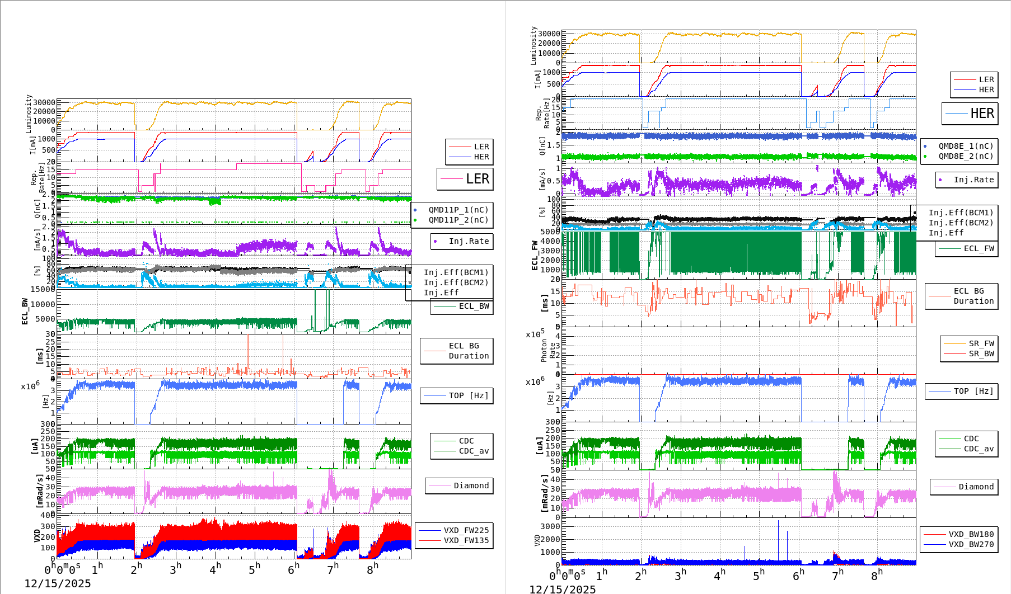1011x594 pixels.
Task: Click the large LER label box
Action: (465, 179)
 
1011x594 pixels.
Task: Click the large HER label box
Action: (970, 114)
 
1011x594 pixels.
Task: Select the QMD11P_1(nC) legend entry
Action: (458, 210)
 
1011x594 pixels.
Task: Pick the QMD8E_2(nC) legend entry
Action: (965, 156)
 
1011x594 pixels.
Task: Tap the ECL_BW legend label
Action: (474, 306)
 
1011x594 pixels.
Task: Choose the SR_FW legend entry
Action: (981, 343)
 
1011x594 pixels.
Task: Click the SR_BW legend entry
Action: (981, 353)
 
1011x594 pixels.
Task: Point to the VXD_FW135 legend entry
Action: (466, 540)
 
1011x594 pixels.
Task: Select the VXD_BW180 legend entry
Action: (971, 534)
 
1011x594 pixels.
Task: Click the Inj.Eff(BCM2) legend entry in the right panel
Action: (961, 223)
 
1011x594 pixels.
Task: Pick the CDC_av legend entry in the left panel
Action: (474, 451)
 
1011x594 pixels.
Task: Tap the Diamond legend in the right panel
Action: (976, 487)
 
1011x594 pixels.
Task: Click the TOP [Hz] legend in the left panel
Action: (468, 395)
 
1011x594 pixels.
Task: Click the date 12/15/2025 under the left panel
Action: (58, 583)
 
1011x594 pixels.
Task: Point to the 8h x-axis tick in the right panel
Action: (876, 575)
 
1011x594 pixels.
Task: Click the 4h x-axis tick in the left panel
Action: (215, 569)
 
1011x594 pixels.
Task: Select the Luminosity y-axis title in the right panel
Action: (533, 46)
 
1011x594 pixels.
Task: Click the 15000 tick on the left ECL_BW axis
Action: (43, 289)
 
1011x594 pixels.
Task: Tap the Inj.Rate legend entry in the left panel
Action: (468, 241)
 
